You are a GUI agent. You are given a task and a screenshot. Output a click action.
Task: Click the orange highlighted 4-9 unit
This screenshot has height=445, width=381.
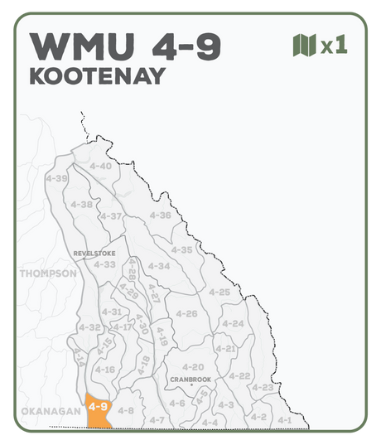click(99, 409)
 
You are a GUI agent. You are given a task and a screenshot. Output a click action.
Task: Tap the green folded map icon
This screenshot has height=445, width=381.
click(304, 45)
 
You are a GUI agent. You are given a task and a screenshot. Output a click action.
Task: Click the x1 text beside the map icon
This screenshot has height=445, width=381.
click(333, 45)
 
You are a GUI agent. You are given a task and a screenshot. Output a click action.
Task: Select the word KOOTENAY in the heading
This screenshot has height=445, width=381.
click(97, 76)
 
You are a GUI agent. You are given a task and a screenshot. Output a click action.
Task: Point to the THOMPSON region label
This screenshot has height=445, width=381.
click(48, 273)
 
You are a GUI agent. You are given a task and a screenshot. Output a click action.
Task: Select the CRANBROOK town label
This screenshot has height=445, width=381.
click(190, 379)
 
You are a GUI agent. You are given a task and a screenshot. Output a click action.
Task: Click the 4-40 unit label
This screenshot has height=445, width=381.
click(99, 166)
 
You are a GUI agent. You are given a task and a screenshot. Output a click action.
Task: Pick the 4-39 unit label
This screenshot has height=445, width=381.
click(57, 178)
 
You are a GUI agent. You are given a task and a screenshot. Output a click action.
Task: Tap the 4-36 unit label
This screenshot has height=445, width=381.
click(160, 215)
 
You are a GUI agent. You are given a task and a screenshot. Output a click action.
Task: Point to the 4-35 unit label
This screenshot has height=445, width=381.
click(181, 249)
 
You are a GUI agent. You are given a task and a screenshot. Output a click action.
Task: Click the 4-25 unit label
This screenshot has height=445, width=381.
click(219, 292)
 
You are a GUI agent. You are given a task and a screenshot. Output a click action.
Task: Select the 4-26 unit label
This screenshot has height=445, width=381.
click(186, 313)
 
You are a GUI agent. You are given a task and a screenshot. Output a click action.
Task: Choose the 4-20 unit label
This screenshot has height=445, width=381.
click(192, 366)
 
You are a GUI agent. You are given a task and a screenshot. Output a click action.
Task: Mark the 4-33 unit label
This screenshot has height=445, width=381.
click(105, 264)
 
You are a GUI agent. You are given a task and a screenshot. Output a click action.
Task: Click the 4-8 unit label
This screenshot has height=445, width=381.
click(126, 410)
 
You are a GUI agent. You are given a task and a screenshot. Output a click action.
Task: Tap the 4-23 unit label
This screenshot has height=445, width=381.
click(263, 387)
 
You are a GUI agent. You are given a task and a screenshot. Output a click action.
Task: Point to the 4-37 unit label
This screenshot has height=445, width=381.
click(111, 216)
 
